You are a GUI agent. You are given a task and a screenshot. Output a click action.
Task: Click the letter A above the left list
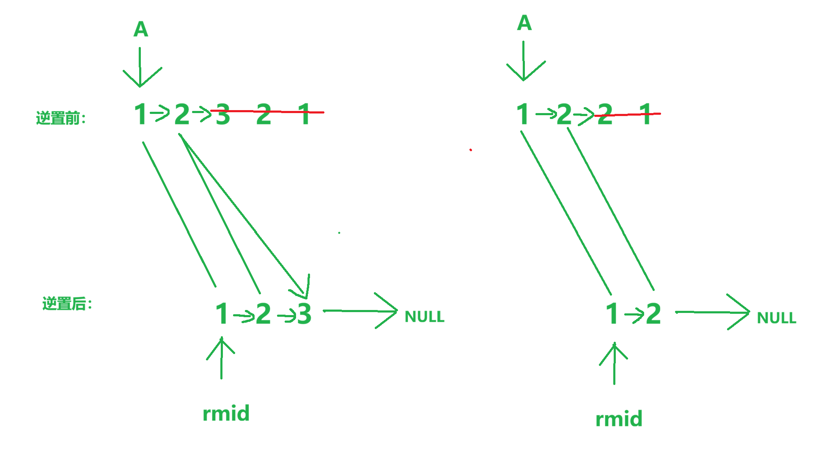[x=141, y=29]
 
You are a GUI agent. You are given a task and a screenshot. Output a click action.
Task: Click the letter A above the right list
[x=524, y=23]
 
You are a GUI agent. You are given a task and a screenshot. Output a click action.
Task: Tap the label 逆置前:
[x=61, y=118]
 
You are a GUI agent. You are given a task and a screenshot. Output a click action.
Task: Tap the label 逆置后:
[x=67, y=304]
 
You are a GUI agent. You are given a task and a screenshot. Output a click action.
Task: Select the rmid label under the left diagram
[x=226, y=413]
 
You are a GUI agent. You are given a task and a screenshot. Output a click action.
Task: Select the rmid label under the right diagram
[x=619, y=419]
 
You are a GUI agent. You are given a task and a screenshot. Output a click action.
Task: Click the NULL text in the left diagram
[x=424, y=317]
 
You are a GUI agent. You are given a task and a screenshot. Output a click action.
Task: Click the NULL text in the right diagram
[x=777, y=318]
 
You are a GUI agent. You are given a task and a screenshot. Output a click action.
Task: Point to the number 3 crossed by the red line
[x=223, y=115]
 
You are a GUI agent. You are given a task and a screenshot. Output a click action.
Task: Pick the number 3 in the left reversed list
[x=304, y=314]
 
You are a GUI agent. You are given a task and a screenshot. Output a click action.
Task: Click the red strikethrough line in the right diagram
[x=628, y=114]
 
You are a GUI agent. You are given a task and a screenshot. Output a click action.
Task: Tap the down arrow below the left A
[x=140, y=68]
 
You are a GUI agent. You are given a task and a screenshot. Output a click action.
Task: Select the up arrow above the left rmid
[x=221, y=358]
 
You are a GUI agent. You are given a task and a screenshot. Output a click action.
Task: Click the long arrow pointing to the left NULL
[x=359, y=311]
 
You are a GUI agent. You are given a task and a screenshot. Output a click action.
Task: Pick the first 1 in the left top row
[x=140, y=114]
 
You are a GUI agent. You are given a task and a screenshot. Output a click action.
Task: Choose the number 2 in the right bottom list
[x=653, y=314]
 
